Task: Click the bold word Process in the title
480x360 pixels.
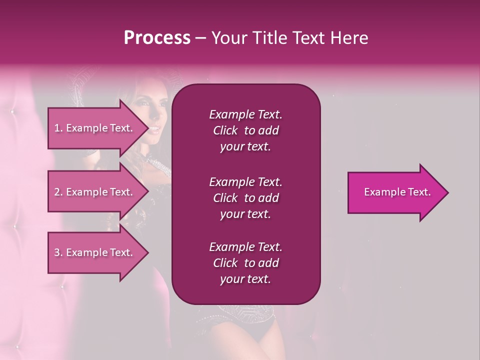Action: (x=157, y=38)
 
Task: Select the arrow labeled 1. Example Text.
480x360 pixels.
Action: (x=95, y=128)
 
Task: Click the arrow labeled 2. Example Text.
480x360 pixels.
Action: (x=95, y=192)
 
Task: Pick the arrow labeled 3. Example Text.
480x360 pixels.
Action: (x=95, y=252)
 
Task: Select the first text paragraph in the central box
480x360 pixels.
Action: (x=245, y=130)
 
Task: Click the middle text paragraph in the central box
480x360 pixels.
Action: (x=245, y=198)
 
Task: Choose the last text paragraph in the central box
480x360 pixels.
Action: (x=245, y=263)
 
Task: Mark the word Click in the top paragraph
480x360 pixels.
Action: (x=225, y=130)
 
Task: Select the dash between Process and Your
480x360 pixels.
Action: (x=201, y=38)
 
